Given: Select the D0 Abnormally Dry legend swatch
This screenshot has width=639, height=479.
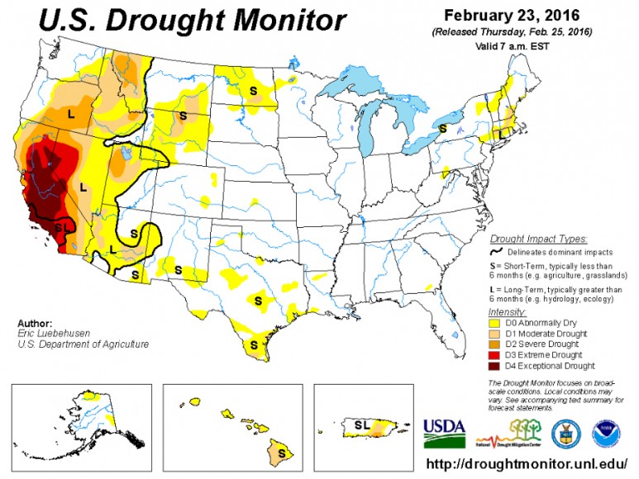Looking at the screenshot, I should tap(494, 324).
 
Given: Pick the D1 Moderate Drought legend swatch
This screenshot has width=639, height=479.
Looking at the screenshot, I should tap(494, 334).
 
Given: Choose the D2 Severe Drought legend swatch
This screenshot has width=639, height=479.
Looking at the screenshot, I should tap(494, 344).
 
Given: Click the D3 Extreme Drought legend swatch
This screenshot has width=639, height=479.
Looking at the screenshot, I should tap(494, 353).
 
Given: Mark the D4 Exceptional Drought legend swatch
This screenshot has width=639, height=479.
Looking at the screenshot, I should tap(494, 364).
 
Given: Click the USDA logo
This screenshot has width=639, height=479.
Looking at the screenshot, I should tap(445, 429).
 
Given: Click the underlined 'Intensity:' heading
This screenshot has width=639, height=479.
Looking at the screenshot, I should tap(507, 312).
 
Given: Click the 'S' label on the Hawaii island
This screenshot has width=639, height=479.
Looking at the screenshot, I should tap(281, 453).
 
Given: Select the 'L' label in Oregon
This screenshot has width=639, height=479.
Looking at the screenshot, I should tap(69, 114).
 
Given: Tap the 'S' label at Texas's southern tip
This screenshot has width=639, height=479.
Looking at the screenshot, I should tap(254, 345).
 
